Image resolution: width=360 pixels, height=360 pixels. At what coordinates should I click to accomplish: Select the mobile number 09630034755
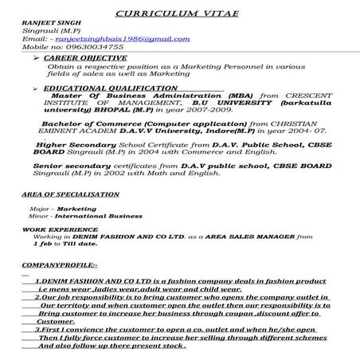79,47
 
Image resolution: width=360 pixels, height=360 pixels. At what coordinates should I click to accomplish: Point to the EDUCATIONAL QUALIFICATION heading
110,88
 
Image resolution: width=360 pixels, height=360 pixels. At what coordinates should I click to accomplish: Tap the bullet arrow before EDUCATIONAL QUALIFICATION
35,88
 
